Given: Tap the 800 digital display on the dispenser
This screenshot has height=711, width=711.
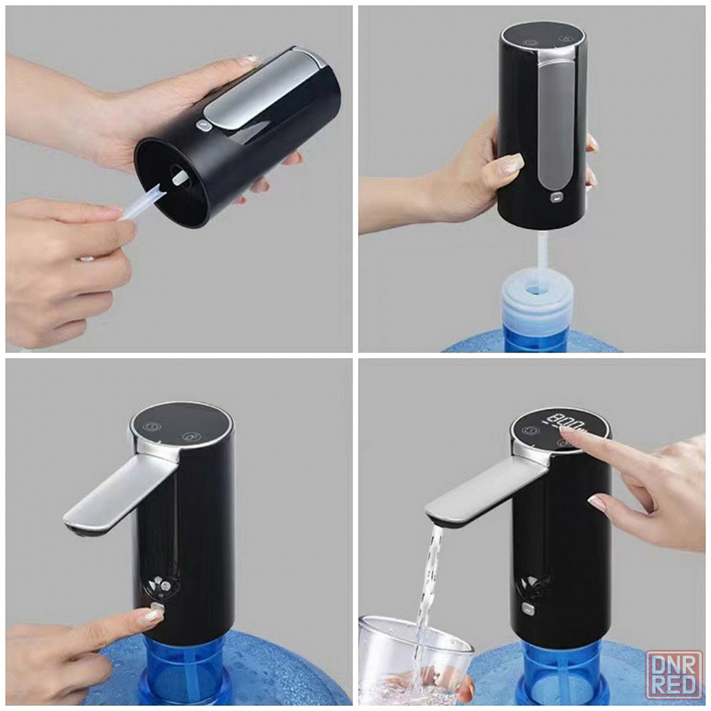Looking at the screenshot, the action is tap(567, 424).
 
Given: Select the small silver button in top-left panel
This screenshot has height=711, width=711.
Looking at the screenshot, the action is tap(203, 126).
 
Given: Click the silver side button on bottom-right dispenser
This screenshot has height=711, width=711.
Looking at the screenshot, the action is tap(528, 608).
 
